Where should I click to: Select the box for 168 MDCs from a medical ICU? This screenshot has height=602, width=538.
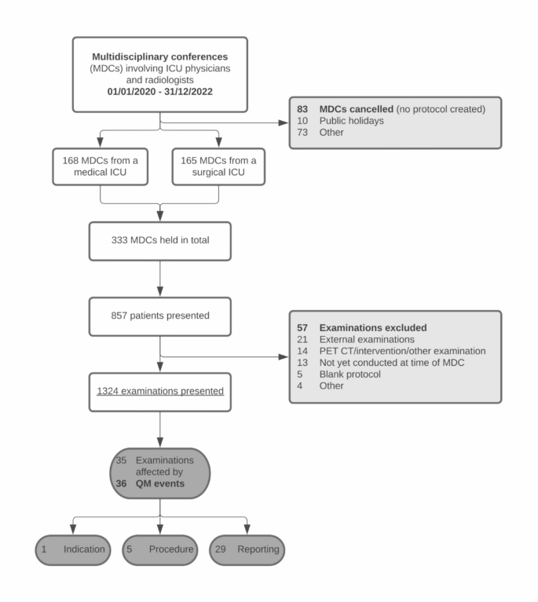101,166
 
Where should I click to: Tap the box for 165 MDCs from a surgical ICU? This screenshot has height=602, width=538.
220,166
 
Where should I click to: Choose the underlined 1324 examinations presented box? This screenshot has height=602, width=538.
159,390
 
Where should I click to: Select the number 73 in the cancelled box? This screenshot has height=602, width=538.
302,132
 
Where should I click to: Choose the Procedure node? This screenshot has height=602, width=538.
159,549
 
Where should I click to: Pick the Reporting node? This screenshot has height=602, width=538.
247,549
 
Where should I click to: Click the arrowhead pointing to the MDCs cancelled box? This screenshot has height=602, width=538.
284,122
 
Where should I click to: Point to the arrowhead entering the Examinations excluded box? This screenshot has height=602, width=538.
284,356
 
